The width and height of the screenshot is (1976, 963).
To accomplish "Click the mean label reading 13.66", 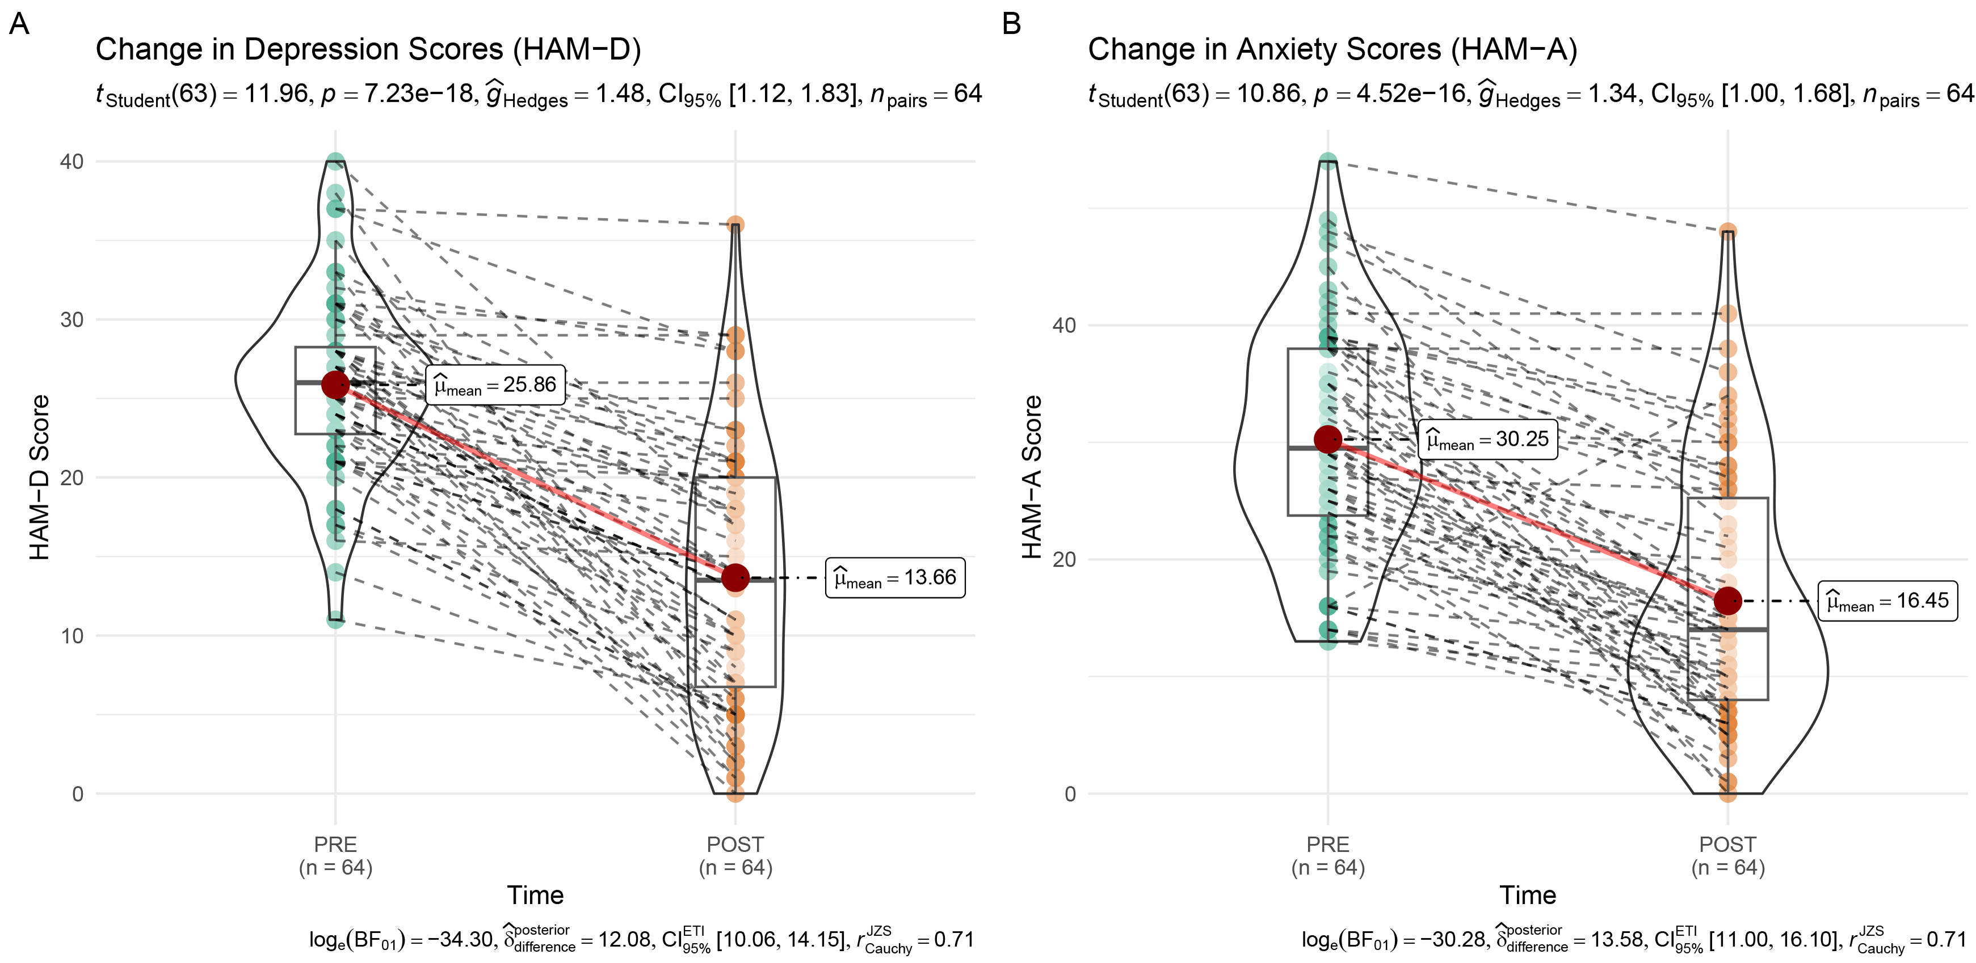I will click(895, 577).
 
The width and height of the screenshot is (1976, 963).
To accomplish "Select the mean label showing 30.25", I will click(1487, 440).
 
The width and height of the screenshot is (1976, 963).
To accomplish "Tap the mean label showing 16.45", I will click(1888, 601).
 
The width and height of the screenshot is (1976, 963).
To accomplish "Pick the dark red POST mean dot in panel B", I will click(1727, 601).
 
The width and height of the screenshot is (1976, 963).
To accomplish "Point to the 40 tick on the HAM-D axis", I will click(72, 162).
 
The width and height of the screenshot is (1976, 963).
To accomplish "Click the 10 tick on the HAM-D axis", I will click(72, 636).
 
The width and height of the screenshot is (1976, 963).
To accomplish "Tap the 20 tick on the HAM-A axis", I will click(1064, 559).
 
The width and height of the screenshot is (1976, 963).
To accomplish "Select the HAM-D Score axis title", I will click(39, 477).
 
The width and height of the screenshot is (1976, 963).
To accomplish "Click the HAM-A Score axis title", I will click(1032, 477).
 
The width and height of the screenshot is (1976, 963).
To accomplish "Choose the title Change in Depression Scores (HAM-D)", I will click(368, 49).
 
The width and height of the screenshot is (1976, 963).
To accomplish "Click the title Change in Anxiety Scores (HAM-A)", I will click(1332, 49).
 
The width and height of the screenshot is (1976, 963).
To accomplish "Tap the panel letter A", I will click(19, 24).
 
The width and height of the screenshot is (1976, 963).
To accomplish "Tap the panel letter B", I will click(1011, 24).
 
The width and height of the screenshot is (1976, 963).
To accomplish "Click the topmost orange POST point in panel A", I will click(735, 225).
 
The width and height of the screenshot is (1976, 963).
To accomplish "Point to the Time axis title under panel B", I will click(1527, 895).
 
